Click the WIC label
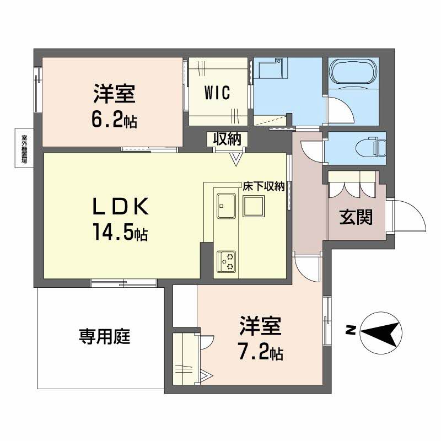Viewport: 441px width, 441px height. point(217,92)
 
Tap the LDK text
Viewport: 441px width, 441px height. point(121,206)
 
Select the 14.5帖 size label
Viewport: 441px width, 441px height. point(120,232)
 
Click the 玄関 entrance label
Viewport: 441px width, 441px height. point(356,217)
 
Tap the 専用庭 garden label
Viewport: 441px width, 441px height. point(105,336)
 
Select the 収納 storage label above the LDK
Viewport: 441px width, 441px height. point(227,139)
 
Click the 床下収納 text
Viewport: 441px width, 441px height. point(264,186)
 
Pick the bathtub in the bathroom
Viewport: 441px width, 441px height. point(353,73)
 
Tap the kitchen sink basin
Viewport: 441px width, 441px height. point(226,206)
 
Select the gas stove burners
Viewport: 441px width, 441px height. point(227,261)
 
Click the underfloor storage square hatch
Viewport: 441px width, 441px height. point(254,206)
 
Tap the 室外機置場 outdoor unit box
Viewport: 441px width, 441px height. point(24,148)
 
